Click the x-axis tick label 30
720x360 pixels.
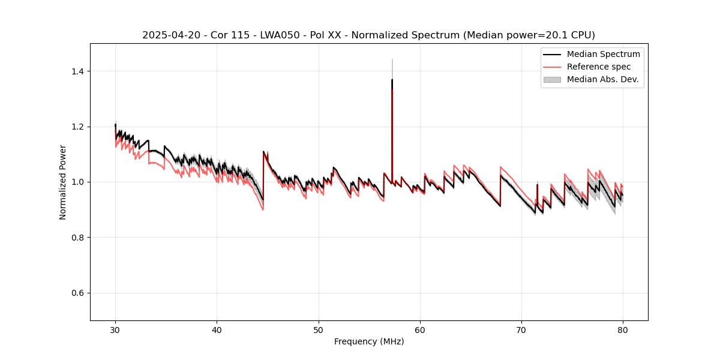click(x=115, y=329)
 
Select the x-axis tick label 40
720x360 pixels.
click(x=217, y=329)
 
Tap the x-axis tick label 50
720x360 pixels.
click(x=319, y=329)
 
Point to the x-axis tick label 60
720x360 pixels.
click(x=420, y=329)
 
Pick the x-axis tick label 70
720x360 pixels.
click(x=521, y=329)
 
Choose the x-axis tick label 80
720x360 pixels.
click(x=623, y=329)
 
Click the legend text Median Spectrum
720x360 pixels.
click(x=603, y=54)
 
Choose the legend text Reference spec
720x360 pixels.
click(x=599, y=67)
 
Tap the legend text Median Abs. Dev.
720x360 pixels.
click(x=603, y=79)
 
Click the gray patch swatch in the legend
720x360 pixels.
click(x=552, y=79)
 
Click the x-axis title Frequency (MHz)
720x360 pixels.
click(x=369, y=341)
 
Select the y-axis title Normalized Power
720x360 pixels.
click(x=63, y=182)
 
